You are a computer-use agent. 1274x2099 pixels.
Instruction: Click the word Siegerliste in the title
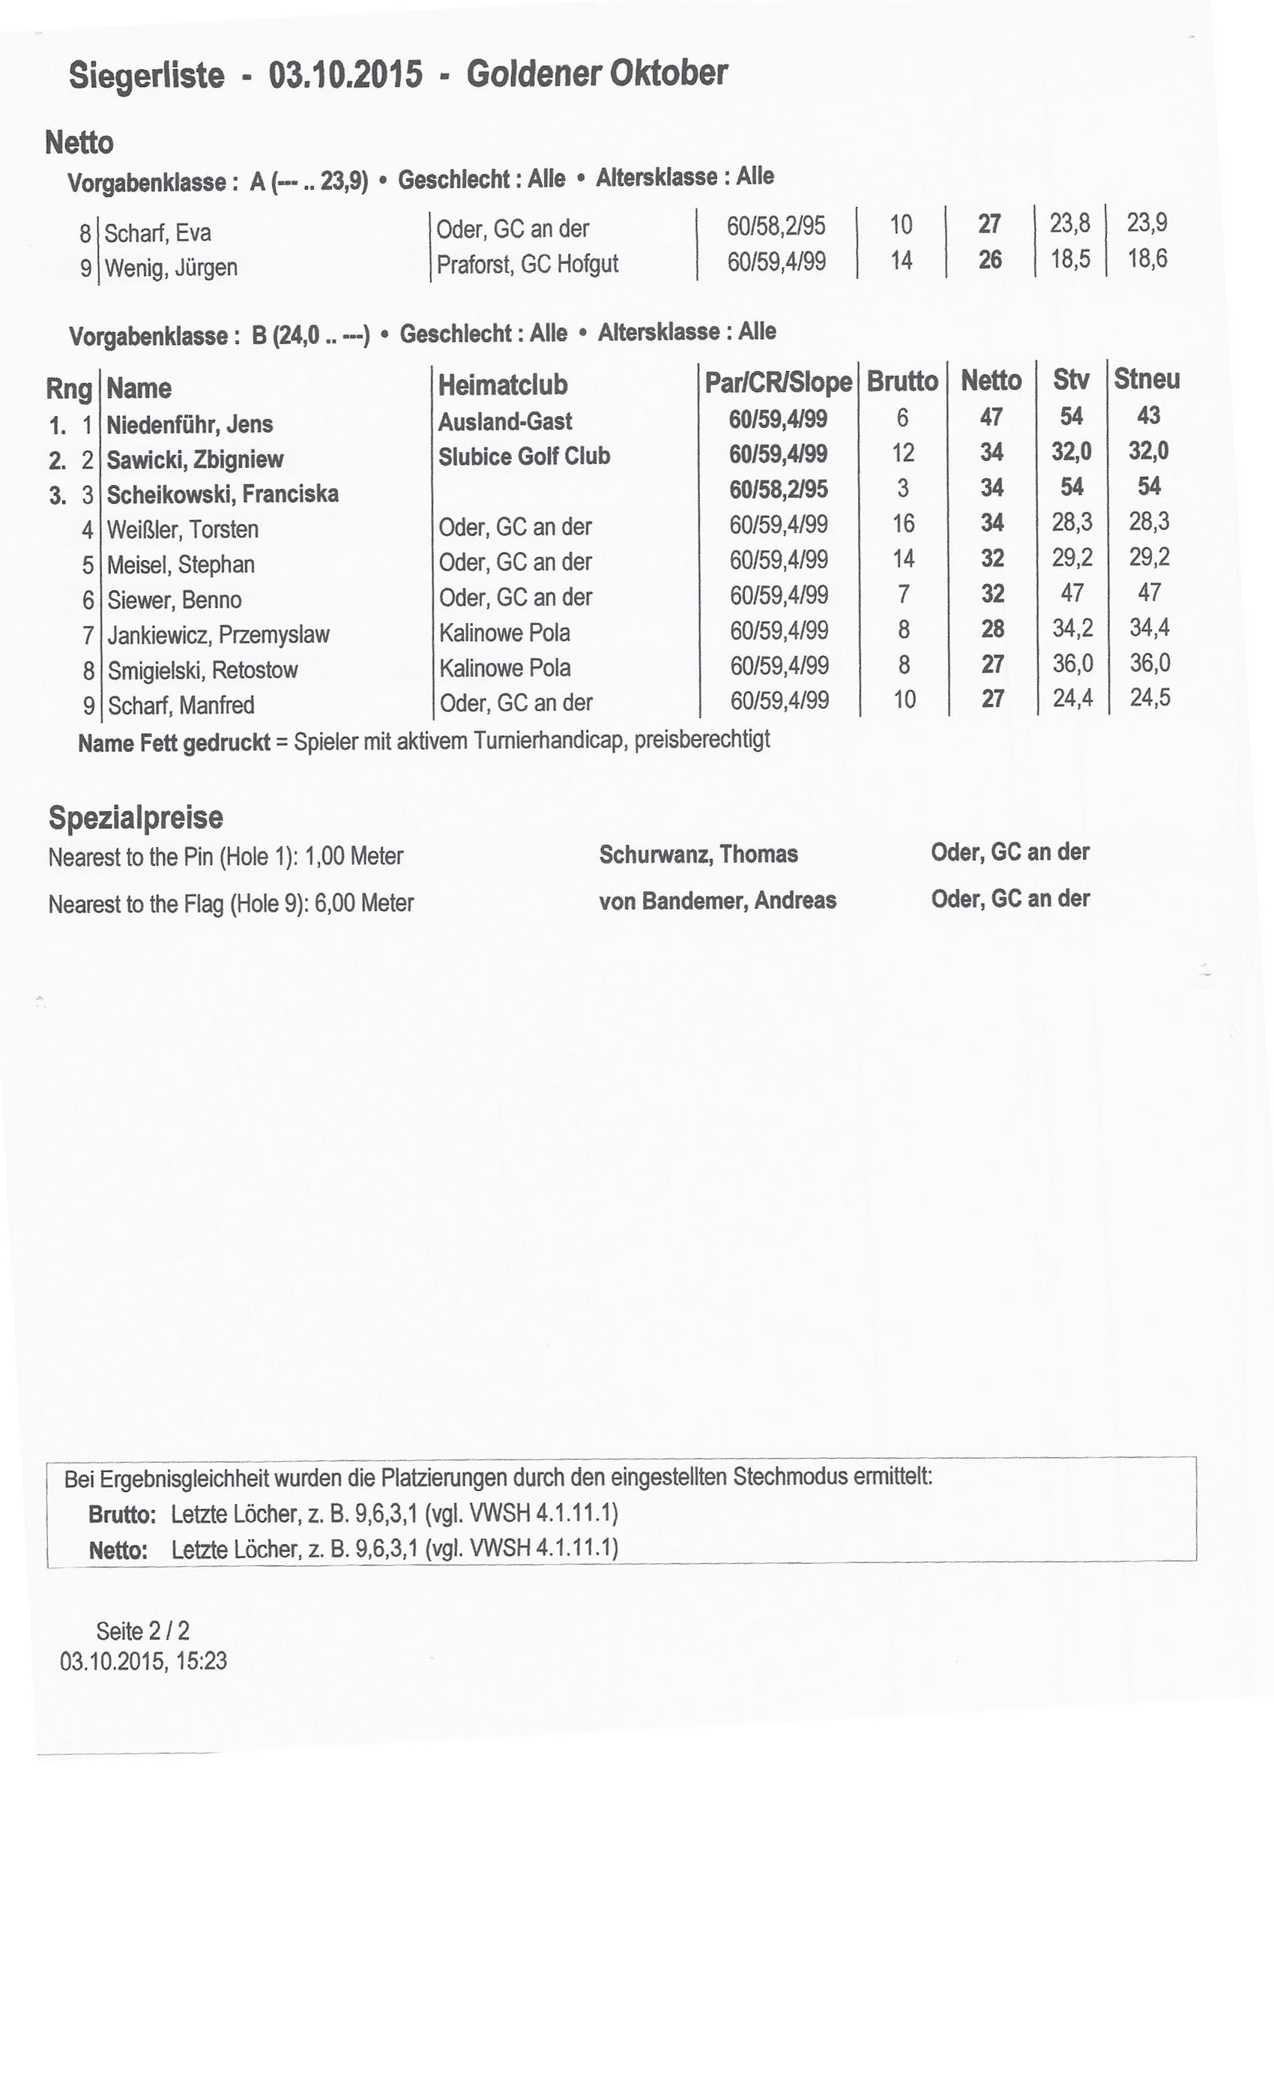146,76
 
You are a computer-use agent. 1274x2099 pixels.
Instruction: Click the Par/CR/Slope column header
778,382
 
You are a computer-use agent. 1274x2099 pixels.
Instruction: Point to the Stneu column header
1147,379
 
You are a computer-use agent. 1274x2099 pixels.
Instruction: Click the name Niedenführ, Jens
189,424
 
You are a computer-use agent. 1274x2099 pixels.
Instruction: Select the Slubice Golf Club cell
524,457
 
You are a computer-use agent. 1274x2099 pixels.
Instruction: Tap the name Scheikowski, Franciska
223,494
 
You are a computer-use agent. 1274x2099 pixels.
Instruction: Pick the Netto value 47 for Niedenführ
991,417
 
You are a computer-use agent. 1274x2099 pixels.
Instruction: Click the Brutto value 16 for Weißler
903,523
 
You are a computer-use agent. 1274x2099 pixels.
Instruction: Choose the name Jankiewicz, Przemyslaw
218,635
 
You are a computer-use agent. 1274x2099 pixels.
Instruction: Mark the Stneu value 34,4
1149,628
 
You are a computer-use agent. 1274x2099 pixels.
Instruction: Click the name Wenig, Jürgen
170,268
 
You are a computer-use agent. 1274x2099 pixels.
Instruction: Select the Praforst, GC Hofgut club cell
527,264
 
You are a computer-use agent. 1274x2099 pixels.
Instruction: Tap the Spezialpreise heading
136,817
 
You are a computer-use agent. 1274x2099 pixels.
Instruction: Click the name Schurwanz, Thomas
698,855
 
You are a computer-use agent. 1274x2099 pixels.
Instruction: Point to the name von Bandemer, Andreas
717,900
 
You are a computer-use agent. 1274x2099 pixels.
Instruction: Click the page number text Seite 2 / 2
142,1630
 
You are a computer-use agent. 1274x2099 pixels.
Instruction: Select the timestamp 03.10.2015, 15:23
143,1660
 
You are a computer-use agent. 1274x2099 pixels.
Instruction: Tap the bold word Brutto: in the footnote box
121,1514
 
